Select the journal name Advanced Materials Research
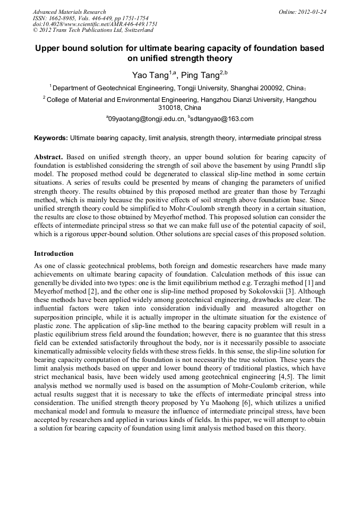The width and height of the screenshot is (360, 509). tap(70, 12)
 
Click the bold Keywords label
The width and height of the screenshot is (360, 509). tap(51, 138)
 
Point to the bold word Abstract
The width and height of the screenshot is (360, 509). tap(49, 157)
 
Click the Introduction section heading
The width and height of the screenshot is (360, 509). tap(54, 254)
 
